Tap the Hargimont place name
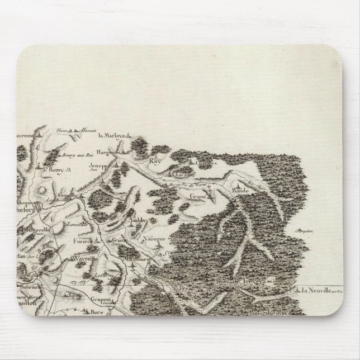(109, 151)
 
